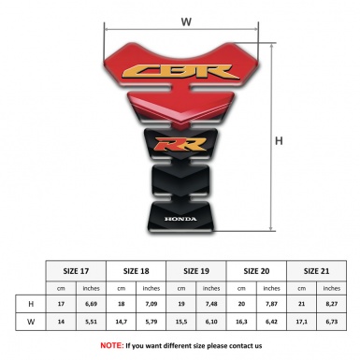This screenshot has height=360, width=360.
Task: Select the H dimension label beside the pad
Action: (279, 141)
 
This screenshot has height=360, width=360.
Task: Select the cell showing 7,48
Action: (213, 305)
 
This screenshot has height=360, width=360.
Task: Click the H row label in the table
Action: (31, 305)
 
